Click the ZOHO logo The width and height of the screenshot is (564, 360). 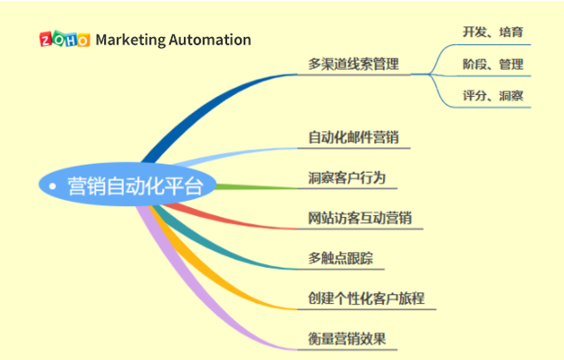pos(64,40)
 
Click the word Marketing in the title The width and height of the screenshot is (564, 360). pos(130,40)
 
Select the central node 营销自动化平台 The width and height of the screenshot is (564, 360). pos(136,187)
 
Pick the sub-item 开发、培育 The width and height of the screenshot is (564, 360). pos(492,32)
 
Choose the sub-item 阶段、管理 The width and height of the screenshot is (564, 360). pos(492,64)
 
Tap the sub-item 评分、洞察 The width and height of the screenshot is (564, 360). pos(492,96)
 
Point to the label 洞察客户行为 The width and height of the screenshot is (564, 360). pos(347,178)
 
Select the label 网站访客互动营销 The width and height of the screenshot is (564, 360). pos(359,219)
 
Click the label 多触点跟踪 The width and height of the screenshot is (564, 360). pos(340,258)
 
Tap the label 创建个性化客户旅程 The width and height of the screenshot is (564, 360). pos(366,298)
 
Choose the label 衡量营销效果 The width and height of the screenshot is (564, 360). pos(347,339)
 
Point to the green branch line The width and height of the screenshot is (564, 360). pos(263,187)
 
